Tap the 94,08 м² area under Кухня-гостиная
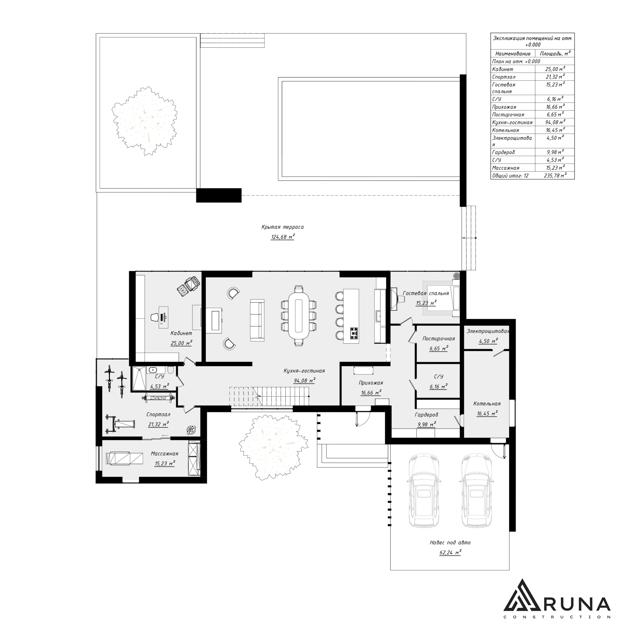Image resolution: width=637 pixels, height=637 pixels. (x=304, y=380)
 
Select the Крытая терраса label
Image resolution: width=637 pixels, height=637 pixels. (x=283, y=227)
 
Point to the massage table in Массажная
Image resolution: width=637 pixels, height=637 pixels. (x=125, y=459)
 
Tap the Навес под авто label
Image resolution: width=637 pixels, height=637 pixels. (x=450, y=542)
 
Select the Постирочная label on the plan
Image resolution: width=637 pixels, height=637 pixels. (x=439, y=339)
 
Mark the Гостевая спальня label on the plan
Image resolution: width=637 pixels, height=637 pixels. (x=426, y=293)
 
